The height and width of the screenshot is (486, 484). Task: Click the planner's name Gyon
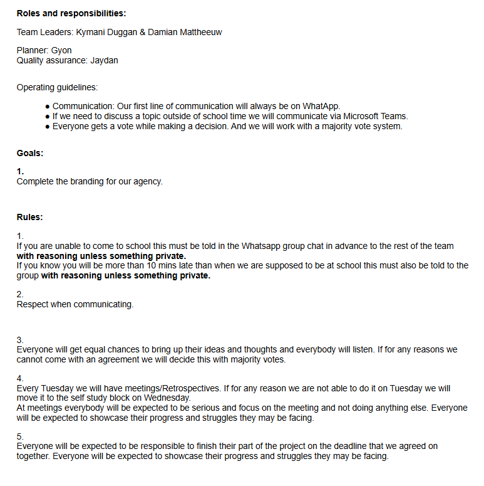point(61,50)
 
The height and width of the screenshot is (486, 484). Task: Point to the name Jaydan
point(104,60)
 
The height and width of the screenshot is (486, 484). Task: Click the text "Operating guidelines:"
point(57,87)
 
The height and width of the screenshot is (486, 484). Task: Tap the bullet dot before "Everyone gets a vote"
point(48,127)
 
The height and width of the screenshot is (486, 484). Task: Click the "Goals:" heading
point(29,152)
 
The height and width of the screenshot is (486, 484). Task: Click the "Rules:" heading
point(29,217)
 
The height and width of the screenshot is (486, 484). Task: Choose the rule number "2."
point(20,294)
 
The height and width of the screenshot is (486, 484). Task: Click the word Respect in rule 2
point(35,304)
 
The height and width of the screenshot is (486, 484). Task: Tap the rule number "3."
point(20,339)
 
